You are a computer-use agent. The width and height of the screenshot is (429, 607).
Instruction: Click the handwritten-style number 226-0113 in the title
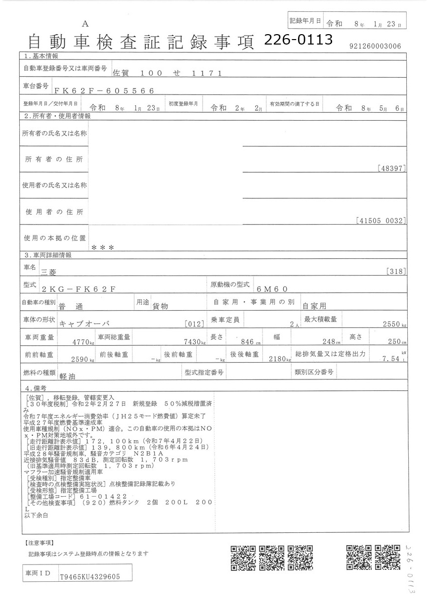click(x=298, y=40)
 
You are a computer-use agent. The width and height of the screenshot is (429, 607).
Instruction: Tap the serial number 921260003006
click(x=375, y=47)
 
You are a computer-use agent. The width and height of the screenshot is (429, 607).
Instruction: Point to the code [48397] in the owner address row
click(x=391, y=168)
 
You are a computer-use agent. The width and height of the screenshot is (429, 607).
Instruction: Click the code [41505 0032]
click(x=381, y=221)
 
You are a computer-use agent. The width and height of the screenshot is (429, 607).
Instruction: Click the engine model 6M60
click(x=272, y=289)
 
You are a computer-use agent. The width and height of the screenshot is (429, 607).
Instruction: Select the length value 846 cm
click(x=249, y=342)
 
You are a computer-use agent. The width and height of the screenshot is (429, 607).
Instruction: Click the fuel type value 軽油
click(x=67, y=375)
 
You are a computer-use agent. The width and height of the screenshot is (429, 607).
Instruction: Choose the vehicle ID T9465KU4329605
click(x=89, y=577)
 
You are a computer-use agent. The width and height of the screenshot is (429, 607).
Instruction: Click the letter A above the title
click(x=86, y=24)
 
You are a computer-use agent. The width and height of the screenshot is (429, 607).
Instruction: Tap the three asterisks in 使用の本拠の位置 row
click(x=103, y=247)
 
